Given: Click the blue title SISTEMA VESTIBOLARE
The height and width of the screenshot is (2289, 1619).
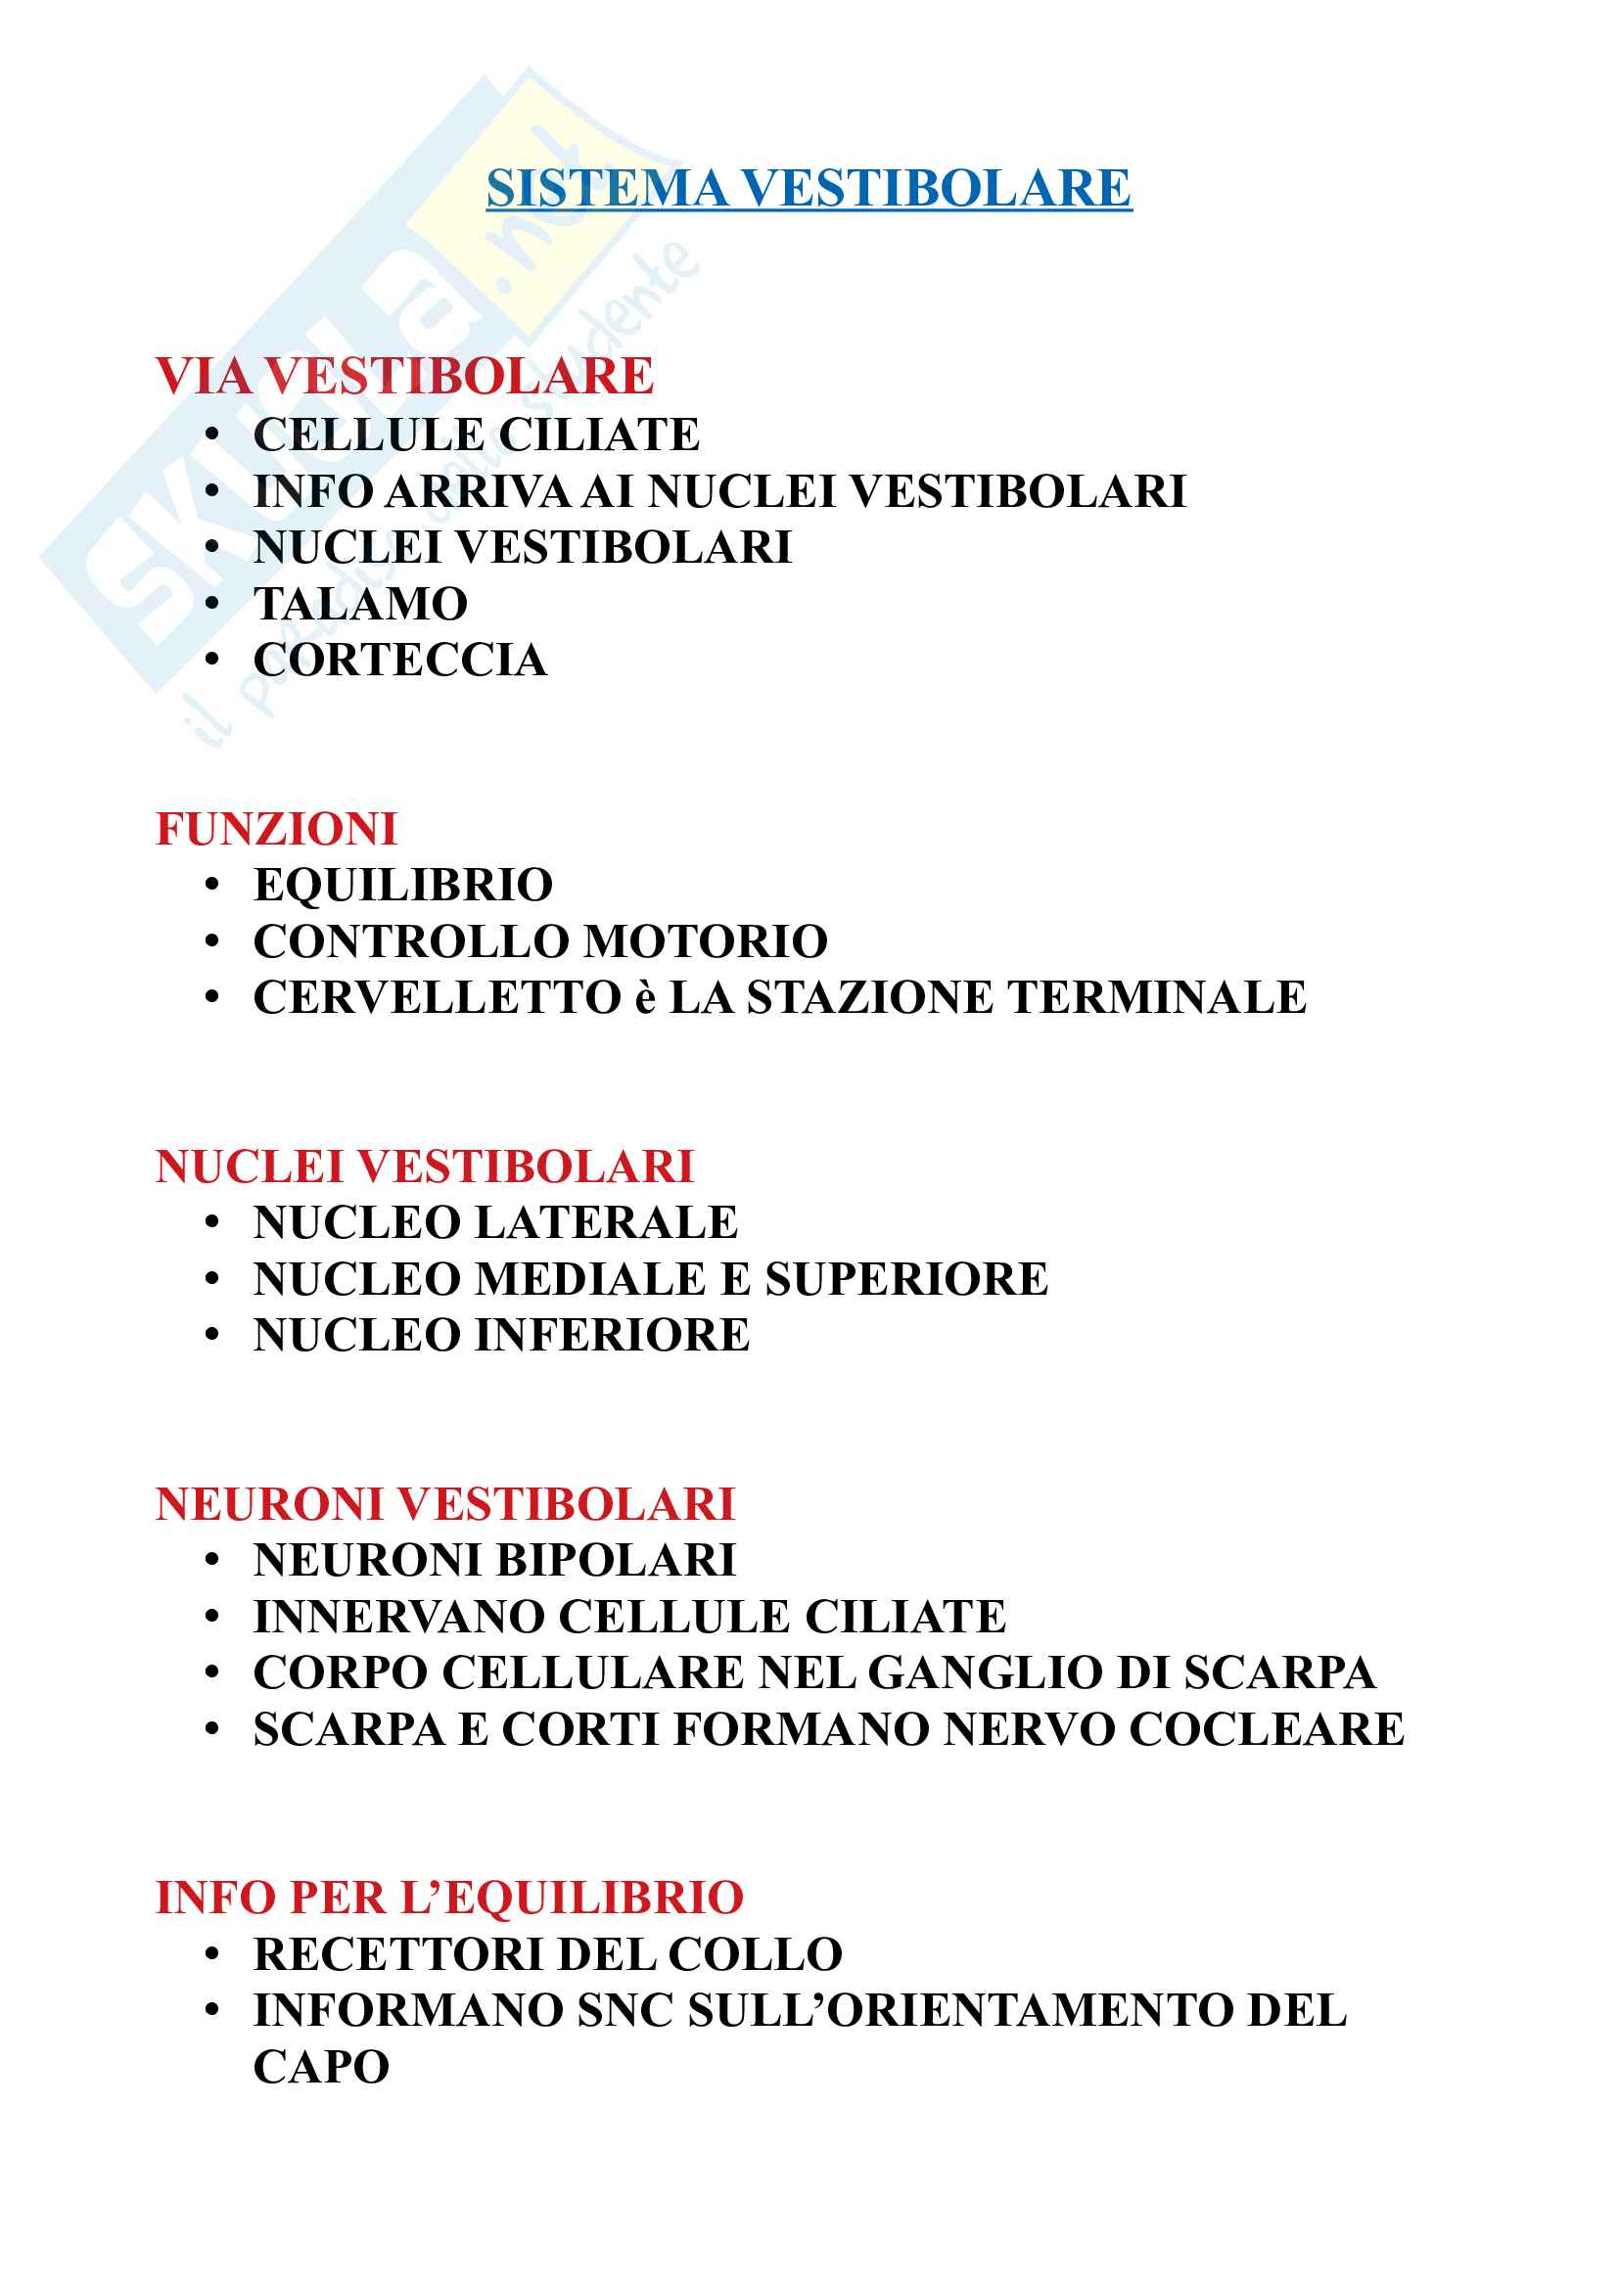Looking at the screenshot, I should [809, 189].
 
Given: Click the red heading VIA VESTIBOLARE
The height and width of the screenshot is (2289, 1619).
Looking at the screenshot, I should [405, 376].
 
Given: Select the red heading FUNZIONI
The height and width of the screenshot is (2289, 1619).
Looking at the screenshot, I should [276, 829].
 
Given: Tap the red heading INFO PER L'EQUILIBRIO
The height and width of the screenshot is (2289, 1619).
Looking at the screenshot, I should [449, 1898].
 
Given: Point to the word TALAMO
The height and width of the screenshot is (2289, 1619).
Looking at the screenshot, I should [361, 603].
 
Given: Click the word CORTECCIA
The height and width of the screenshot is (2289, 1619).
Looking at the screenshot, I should [399, 660].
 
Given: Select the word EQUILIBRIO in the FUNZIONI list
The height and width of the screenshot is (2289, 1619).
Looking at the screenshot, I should [403, 886].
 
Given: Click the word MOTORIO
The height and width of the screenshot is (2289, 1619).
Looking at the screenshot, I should [706, 942].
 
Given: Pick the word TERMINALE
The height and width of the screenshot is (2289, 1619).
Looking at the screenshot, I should [1157, 998].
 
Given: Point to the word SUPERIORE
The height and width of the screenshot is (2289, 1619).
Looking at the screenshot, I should [906, 1279].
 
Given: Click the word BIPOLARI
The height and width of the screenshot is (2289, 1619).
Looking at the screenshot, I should [616, 1560].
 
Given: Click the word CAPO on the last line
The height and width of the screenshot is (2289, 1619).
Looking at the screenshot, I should [321, 2068].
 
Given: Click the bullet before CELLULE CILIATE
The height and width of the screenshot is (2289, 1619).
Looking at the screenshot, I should [211, 435].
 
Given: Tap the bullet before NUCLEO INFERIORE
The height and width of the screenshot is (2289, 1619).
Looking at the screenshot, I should [211, 1336].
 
